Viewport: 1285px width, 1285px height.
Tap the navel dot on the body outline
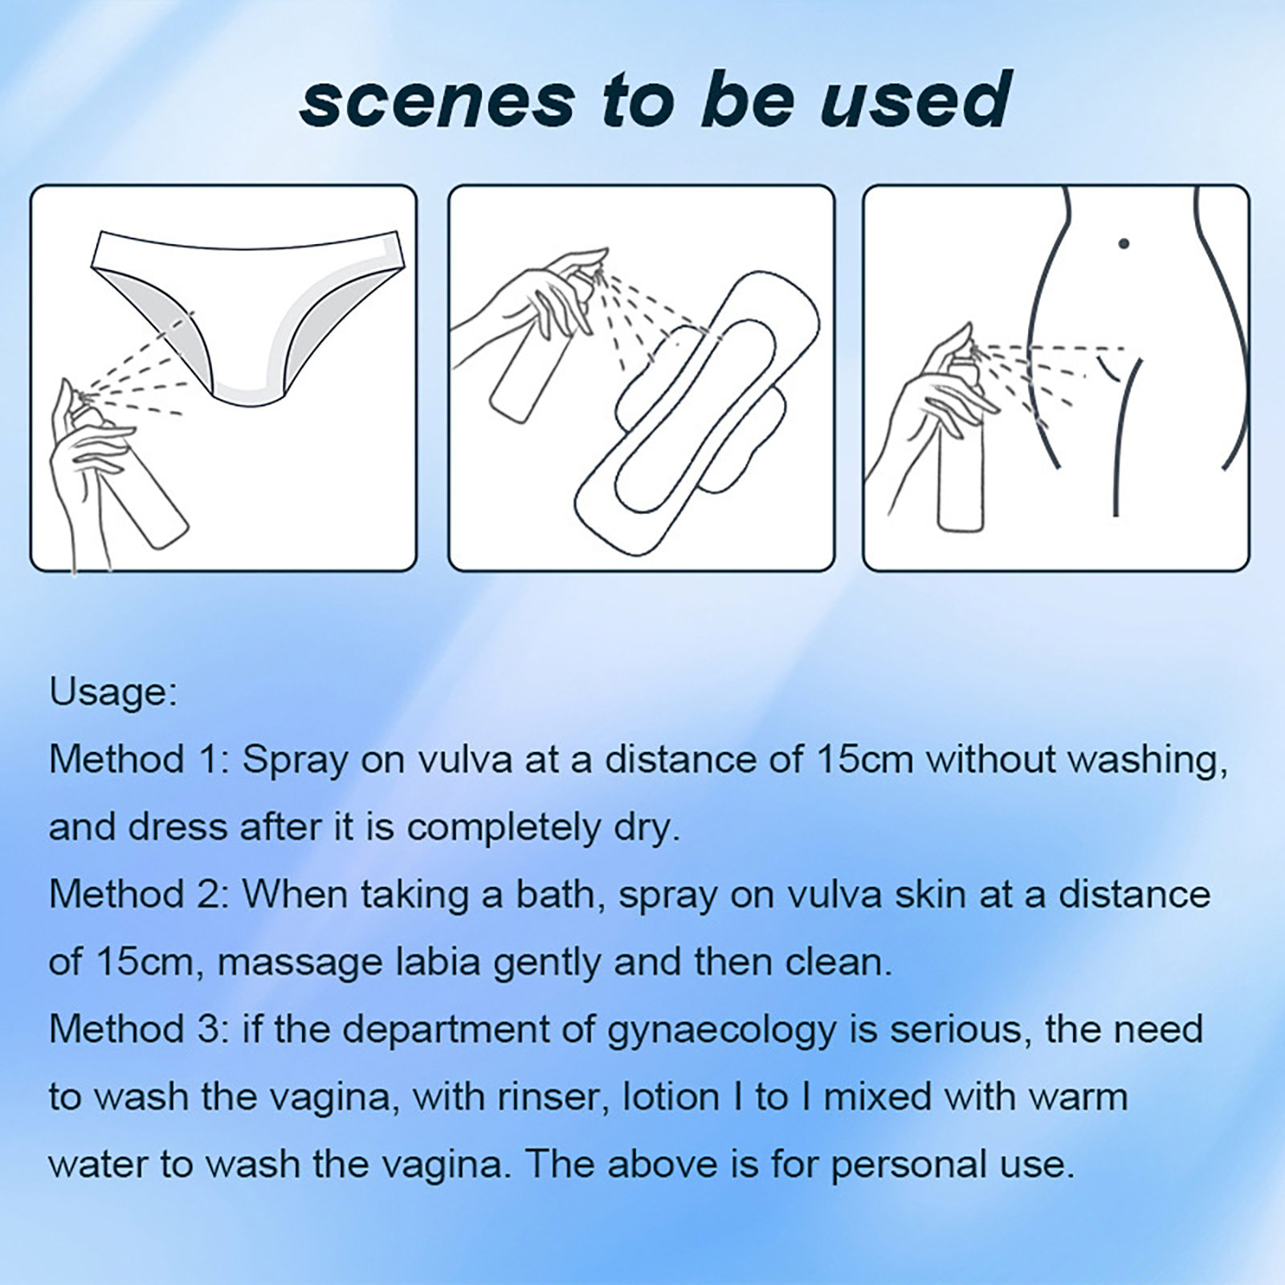1124,243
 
